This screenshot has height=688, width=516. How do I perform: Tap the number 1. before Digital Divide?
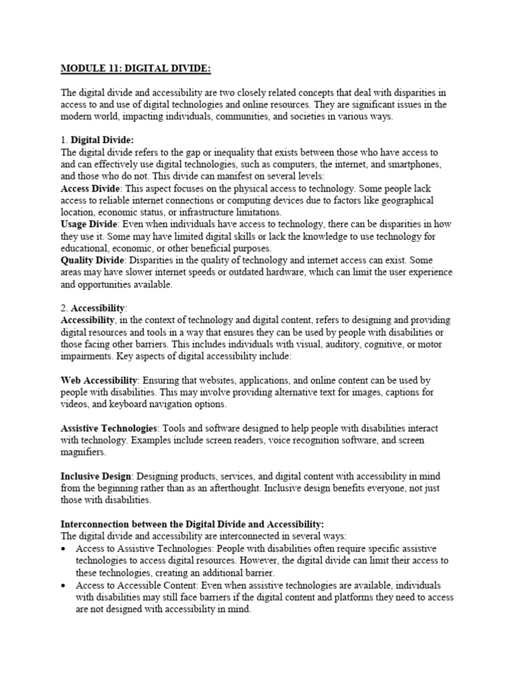coord(64,140)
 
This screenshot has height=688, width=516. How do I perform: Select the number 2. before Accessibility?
coord(64,308)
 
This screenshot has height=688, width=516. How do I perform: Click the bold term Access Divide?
coord(87,189)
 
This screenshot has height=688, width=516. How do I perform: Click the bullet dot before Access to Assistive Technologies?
coord(64,548)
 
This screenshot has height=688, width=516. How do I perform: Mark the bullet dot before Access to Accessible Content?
coord(64,585)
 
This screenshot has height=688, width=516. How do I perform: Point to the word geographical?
coord(424,201)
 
